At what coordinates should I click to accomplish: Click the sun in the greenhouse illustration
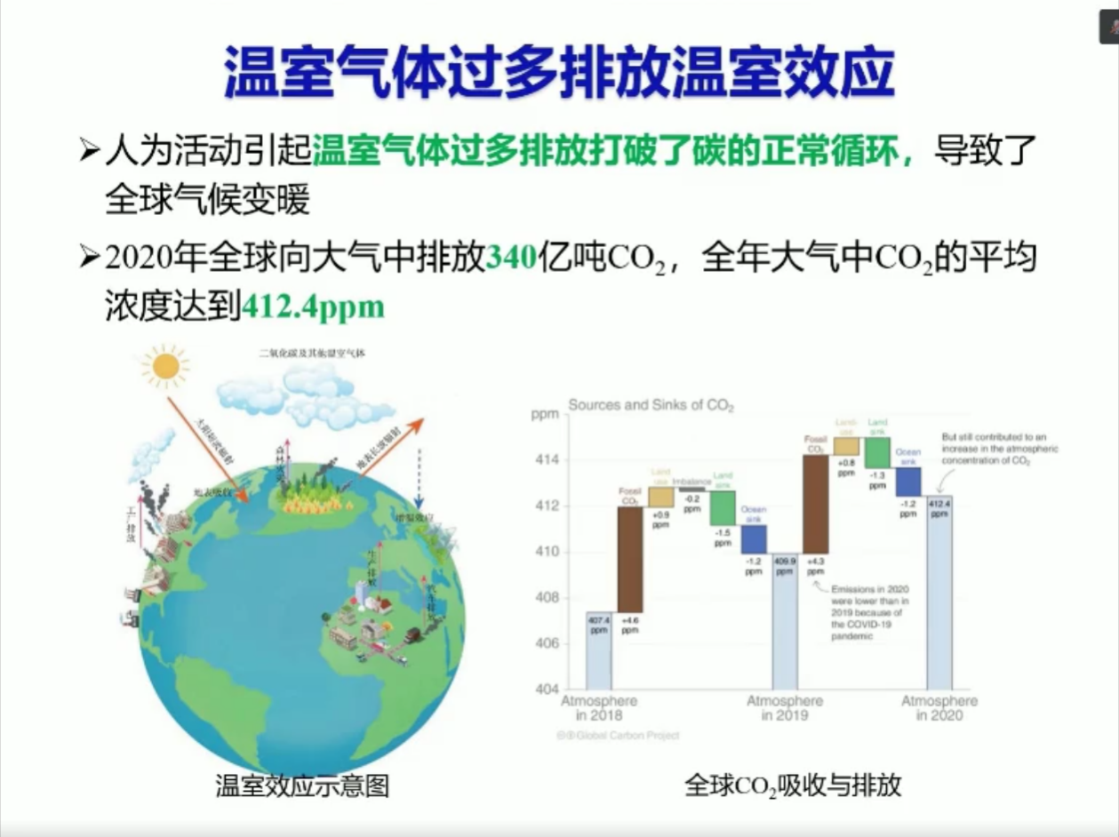(165, 365)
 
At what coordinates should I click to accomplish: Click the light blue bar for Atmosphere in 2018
(598, 650)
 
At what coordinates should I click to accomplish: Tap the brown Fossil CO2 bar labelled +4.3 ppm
(816, 504)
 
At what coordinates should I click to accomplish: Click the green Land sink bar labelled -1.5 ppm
(723, 507)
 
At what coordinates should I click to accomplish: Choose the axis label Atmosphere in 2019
(785, 708)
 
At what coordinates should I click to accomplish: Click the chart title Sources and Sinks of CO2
(651, 406)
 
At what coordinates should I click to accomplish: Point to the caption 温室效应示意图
(302, 786)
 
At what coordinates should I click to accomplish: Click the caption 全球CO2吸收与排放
(793, 785)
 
